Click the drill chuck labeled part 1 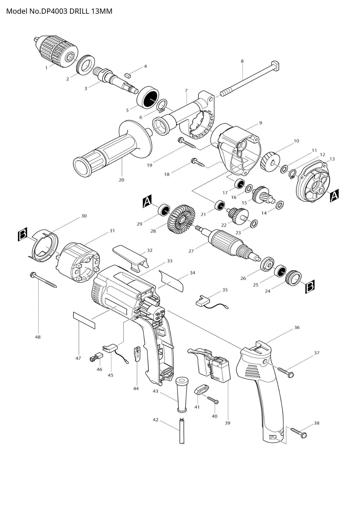click(56, 51)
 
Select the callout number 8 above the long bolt click(242, 61)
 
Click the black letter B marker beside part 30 click(22, 235)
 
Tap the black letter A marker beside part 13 click(334, 195)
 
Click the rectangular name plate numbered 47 click(84, 319)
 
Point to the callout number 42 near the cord click(155, 420)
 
